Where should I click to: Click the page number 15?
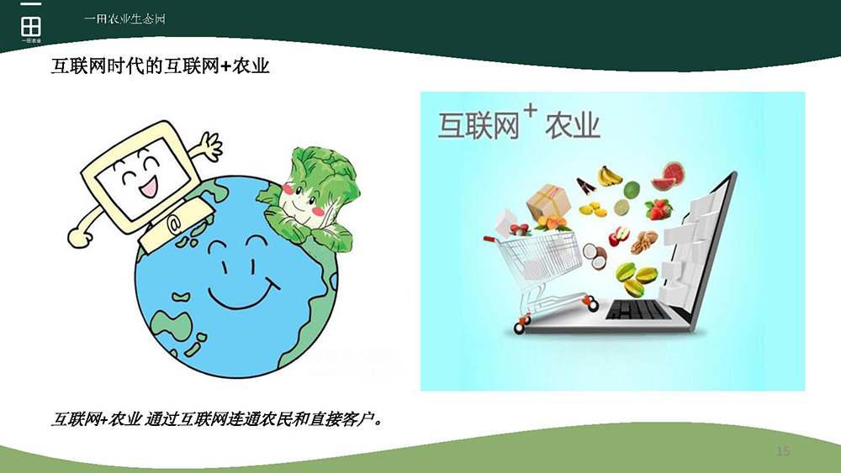(782, 451)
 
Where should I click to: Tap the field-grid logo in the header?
(31, 26)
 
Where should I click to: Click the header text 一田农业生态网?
(124, 19)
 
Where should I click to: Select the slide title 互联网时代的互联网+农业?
(161, 66)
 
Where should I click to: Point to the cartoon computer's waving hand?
(209, 145)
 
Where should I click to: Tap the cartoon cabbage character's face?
(301, 202)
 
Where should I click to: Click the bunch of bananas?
(609, 176)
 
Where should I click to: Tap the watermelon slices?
(667, 176)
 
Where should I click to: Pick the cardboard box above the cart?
(547, 202)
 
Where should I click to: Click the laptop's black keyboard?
(637, 310)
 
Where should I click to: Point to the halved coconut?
(595, 256)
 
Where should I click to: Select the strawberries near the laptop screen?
(659, 209)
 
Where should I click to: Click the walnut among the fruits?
(643, 242)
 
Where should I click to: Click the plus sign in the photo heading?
(530, 110)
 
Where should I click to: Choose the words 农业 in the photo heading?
(572, 126)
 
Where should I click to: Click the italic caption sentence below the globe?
(218, 419)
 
